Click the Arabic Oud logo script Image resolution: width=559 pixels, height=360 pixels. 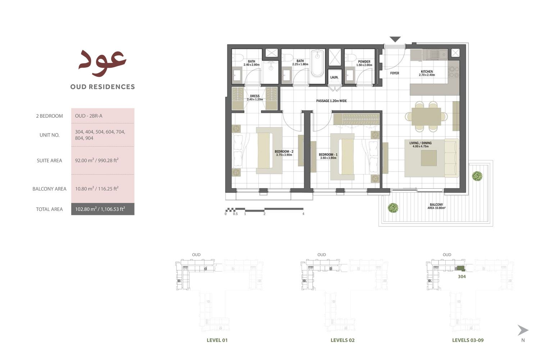coord(103,62)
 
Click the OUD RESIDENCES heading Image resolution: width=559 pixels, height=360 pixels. coord(103,87)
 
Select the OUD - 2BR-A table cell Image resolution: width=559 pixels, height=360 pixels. coord(89,116)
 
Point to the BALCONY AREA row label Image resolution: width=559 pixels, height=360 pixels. coord(49,189)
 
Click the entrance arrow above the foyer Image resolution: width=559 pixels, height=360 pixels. coord(395,39)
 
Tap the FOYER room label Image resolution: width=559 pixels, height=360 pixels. coord(395,73)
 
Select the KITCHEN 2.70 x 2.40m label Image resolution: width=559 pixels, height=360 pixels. coord(427,73)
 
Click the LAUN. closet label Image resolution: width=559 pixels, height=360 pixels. coord(334,77)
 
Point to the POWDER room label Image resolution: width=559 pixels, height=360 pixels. coord(364,63)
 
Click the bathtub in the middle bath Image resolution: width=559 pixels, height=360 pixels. coord(317,64)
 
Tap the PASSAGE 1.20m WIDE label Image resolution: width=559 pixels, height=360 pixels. coord(331,101)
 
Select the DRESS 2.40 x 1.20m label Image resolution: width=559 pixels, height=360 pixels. coord(255,98)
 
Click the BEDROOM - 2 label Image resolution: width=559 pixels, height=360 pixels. coord(284,153)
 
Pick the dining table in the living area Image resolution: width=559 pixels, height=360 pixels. coord(426,116)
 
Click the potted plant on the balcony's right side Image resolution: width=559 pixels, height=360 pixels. coord(477,176)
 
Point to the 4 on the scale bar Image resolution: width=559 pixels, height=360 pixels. coord(303,214)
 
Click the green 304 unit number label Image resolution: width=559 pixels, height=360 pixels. coord(462,276)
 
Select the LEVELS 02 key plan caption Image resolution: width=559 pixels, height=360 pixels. coord(342,340)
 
